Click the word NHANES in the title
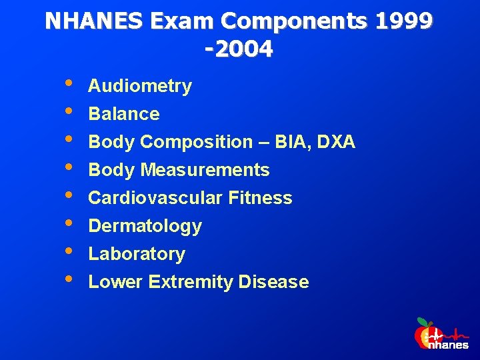click(x=94, y=21)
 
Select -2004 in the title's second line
click(x=239, y=49)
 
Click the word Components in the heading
click(x=293, y=21)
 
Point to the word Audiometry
click(x=140, y=86)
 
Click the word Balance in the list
click(x=124, y=114)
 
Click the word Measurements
click(x=205, y=170)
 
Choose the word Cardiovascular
click(x=155, y=198)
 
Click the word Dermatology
click(x=145, y=226)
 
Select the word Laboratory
click(x=137, y=254)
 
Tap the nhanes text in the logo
click(x=448, y=345)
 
